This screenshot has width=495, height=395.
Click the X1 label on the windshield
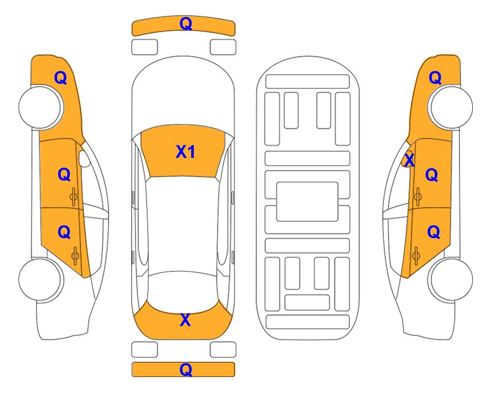pyautogui.click(x=186, y=152)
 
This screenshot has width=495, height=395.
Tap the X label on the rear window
pyautogui.click(x=186, y=320)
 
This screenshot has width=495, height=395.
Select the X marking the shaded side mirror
pyautogui.click(x=409, y=160)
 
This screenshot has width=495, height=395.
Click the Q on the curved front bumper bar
pyautogui.click(x=186, y=24)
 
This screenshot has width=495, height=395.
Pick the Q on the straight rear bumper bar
pyautogui.click(x=186, y=369)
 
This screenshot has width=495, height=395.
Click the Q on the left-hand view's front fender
pyautogui.click(x=61, y=78)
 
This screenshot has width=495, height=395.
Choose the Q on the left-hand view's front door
pyautogui.click(x=64, y=174)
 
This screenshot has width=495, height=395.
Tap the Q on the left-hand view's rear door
pyautogui.click(x=64, y=232)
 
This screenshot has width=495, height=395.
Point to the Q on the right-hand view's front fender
pyautogui.click(x=435, y=78)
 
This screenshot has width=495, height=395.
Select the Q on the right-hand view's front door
pyautogui.click(x=432, y=175)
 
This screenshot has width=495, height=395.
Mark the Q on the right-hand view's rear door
pyautogui.click(x=433, y=232)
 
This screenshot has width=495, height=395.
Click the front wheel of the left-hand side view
pyautogui.click(x=41, y=107)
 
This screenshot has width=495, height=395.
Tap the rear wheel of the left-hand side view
pyautogui.click(x=41, y=279)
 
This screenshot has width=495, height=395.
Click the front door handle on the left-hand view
pyautogui.click(x=74, y=196)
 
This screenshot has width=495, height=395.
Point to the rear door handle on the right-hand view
pyautogui.click(x=416, y=256)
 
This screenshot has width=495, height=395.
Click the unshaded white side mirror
pyautogui.click(x=84, y=158)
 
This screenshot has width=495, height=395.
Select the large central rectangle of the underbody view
pyautogui.click(x=307, y=202)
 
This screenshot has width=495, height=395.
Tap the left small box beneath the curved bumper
pyautogui.click(x=144, y=47)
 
